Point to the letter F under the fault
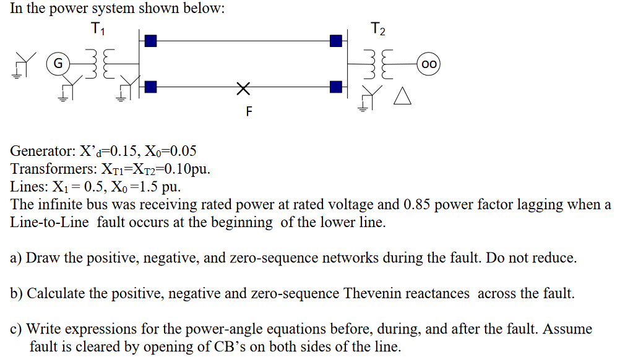249,112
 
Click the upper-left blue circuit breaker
150,41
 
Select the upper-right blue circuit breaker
335,41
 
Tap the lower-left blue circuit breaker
150,87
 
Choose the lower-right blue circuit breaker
335,87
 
